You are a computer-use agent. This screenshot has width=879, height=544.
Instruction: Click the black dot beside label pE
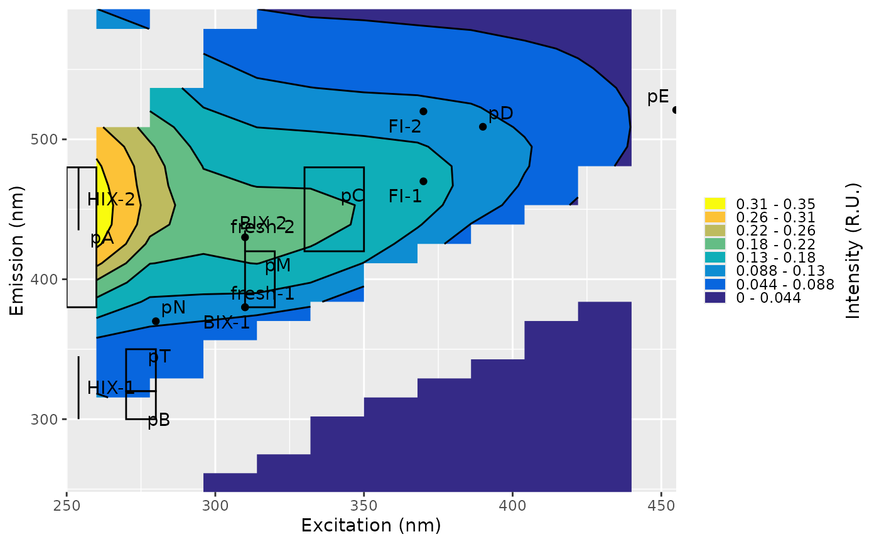tap(675, 110)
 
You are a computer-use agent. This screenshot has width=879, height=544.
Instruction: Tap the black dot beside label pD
tap(483, 126)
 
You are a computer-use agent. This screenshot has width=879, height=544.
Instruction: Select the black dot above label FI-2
tap(423, 111)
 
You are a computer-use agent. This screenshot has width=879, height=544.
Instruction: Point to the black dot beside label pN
tap(156, 321)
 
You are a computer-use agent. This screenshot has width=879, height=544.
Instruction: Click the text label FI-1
tap(405, 196)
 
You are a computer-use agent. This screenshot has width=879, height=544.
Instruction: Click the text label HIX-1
tap(111, 388)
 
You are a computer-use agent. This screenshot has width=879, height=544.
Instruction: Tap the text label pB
tap(159, 420)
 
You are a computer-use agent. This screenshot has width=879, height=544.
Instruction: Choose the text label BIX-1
tap(227, 323)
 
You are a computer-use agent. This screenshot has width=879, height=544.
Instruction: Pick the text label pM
tap(278, 266)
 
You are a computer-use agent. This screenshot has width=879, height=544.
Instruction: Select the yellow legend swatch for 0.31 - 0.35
tap(715, 204)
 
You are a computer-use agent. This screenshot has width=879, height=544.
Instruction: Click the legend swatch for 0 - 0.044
tap(715, 298)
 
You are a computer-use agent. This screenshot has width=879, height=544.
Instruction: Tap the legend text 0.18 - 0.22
tap(775, 244)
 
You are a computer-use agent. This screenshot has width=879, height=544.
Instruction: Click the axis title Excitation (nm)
tap(371, 525)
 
